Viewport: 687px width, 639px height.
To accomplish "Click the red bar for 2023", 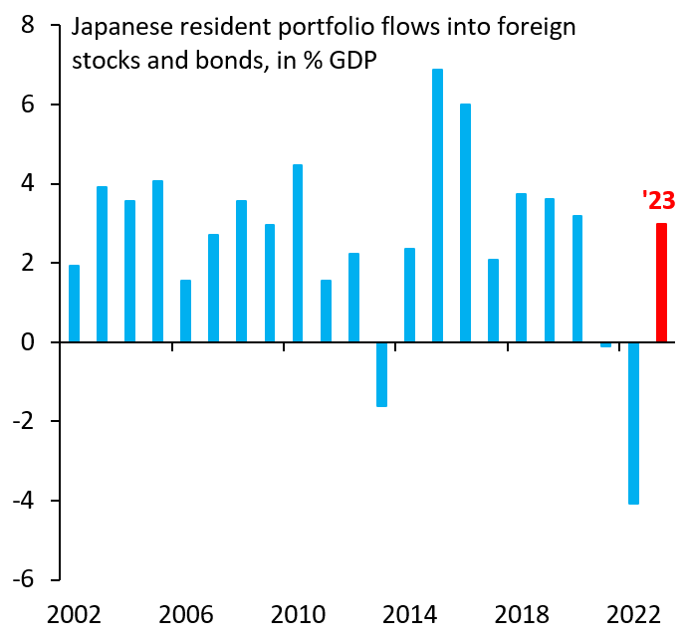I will tap(661, 283).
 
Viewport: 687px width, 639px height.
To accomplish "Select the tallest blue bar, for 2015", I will tap(437, 206).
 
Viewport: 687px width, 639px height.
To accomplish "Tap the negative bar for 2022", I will tap(633, 423).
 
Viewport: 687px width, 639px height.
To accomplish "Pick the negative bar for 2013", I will tap(381, 374).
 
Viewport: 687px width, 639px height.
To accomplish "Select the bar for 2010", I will tap(298, 254).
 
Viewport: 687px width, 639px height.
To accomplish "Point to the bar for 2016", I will tap(465, 223).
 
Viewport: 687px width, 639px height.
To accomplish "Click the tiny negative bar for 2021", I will tap(605, 344).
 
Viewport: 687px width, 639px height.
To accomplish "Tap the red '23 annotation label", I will tap(658, 201).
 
